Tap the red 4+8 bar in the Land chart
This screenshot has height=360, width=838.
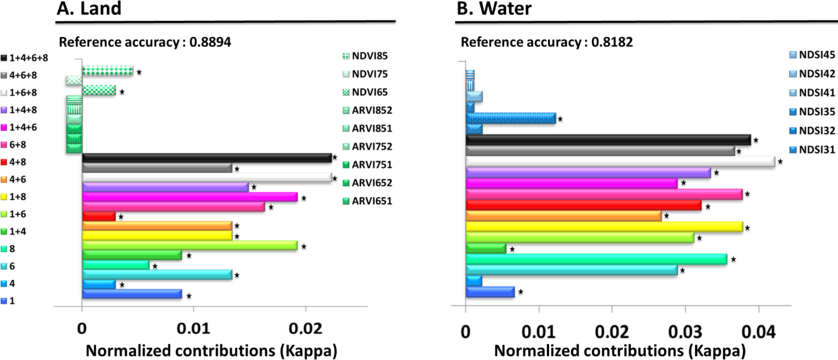[99, 216]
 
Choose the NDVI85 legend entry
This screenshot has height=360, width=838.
[365, 56]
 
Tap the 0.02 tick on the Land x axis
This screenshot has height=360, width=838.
[305, 329]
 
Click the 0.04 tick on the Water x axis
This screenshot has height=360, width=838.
[758, 332]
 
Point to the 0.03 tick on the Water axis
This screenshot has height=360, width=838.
[685, 332]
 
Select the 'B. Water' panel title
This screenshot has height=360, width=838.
[494, 8]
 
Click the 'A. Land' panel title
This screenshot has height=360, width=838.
[89, 8]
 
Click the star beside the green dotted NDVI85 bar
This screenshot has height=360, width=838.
[139, 72]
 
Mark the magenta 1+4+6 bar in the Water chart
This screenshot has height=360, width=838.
[572, 183]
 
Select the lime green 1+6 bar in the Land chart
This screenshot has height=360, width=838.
[190, 245]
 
